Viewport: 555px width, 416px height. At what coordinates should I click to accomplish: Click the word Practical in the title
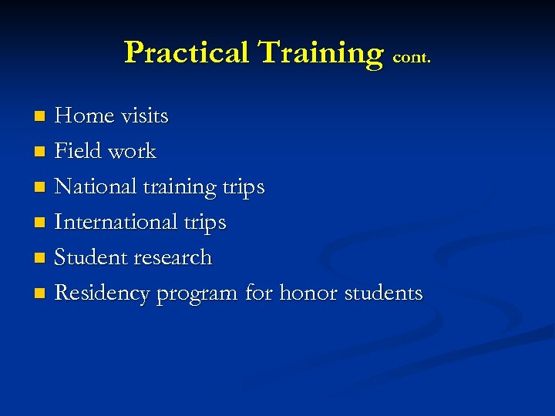point(187,52)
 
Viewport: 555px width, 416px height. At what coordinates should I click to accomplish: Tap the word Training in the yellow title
point(320,52)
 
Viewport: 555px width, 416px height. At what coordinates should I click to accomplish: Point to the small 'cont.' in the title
point(412,57)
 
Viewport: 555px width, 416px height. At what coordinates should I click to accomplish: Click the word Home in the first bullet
point(85,116)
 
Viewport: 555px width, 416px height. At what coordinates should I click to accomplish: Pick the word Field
point(79,151)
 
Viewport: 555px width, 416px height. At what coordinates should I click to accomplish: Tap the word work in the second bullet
point(133,151)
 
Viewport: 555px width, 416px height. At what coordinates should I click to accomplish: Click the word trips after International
point(205,223)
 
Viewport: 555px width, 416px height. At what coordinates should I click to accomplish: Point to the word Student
point(89,257)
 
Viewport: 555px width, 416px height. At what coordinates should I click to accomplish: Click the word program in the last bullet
point(197,294)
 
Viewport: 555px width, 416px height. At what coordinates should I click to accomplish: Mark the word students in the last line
point(383,293)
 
